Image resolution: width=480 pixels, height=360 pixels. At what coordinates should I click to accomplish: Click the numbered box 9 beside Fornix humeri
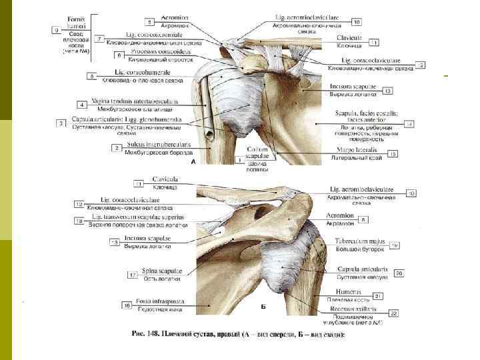[57, 30]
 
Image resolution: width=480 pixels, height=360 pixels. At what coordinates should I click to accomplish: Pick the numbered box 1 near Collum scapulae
[239, 161]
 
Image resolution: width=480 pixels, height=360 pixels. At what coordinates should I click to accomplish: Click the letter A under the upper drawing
[193, 162]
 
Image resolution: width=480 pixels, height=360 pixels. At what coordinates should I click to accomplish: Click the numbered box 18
[79, 219]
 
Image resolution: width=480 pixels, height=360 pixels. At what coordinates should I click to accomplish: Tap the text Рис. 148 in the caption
[153, 334]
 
